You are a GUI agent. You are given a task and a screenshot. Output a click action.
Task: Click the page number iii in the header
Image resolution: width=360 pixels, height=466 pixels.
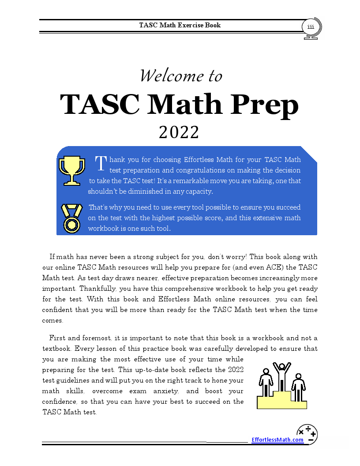tap(311, 27)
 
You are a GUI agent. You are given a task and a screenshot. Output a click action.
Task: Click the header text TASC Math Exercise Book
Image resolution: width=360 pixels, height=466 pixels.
tap(180, 25)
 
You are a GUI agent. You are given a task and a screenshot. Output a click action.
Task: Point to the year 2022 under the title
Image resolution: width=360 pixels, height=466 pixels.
tap(179, 132)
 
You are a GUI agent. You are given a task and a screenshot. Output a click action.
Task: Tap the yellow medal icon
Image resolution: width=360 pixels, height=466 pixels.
tap(71, 218)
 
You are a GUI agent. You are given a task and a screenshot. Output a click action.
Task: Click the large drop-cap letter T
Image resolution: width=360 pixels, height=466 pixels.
tap(101, 163)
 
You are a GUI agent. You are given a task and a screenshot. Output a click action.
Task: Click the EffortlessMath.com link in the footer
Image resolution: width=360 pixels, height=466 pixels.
tap(277, 440)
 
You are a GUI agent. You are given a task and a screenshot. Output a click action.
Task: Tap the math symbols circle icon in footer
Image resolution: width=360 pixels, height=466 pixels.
tap(307, 434)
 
